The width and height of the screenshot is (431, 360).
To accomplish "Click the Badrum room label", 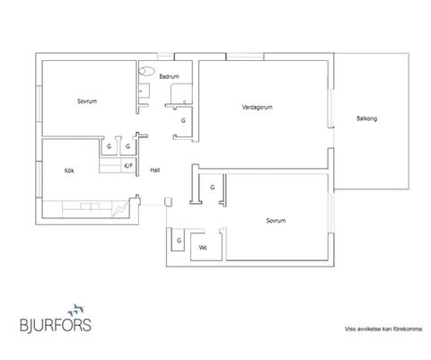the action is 169,76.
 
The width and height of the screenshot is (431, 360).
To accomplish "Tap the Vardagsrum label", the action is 257,107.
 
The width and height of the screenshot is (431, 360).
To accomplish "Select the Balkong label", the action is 366,119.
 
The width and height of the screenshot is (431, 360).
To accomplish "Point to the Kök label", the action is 69,171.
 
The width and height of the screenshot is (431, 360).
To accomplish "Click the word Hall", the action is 154,170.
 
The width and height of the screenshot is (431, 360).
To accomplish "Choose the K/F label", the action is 128,166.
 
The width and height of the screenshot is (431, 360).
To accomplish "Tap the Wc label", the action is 203,248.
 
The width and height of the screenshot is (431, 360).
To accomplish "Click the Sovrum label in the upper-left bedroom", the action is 87,101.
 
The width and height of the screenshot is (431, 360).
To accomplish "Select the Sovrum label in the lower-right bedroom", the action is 276,221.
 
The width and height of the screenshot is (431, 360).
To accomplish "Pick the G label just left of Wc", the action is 179,241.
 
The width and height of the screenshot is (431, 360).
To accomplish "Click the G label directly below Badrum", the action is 183,120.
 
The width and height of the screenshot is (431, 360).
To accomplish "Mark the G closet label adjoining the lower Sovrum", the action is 212,188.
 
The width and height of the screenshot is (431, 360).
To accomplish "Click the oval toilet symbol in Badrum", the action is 146,71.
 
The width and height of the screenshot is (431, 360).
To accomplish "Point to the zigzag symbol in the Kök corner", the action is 120,208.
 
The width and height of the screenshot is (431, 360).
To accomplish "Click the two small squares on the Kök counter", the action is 90,206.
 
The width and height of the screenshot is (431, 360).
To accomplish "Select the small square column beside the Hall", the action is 168,202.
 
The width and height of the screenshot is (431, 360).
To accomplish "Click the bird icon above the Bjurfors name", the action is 75,310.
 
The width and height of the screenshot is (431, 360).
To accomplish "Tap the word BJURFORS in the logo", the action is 56,325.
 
